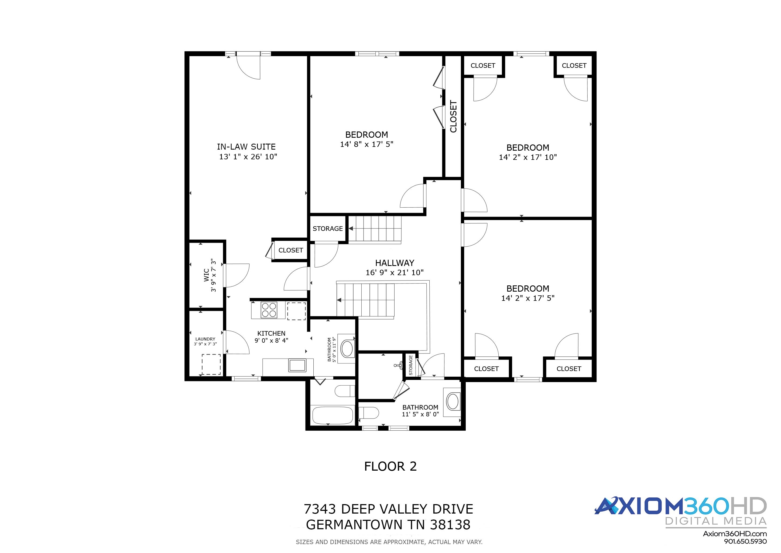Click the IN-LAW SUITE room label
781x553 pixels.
point(246,147)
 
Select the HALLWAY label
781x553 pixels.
point(395,263)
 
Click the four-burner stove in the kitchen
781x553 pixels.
point(269,310)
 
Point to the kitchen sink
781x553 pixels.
point(297,365)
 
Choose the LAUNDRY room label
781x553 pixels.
point(205,339)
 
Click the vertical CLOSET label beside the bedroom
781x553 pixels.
point(453,116)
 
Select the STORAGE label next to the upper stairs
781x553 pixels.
point(328,229)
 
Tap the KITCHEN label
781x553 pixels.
point(271,333)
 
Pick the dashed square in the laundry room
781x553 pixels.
point(211,364)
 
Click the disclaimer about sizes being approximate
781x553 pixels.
point(389,542)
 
